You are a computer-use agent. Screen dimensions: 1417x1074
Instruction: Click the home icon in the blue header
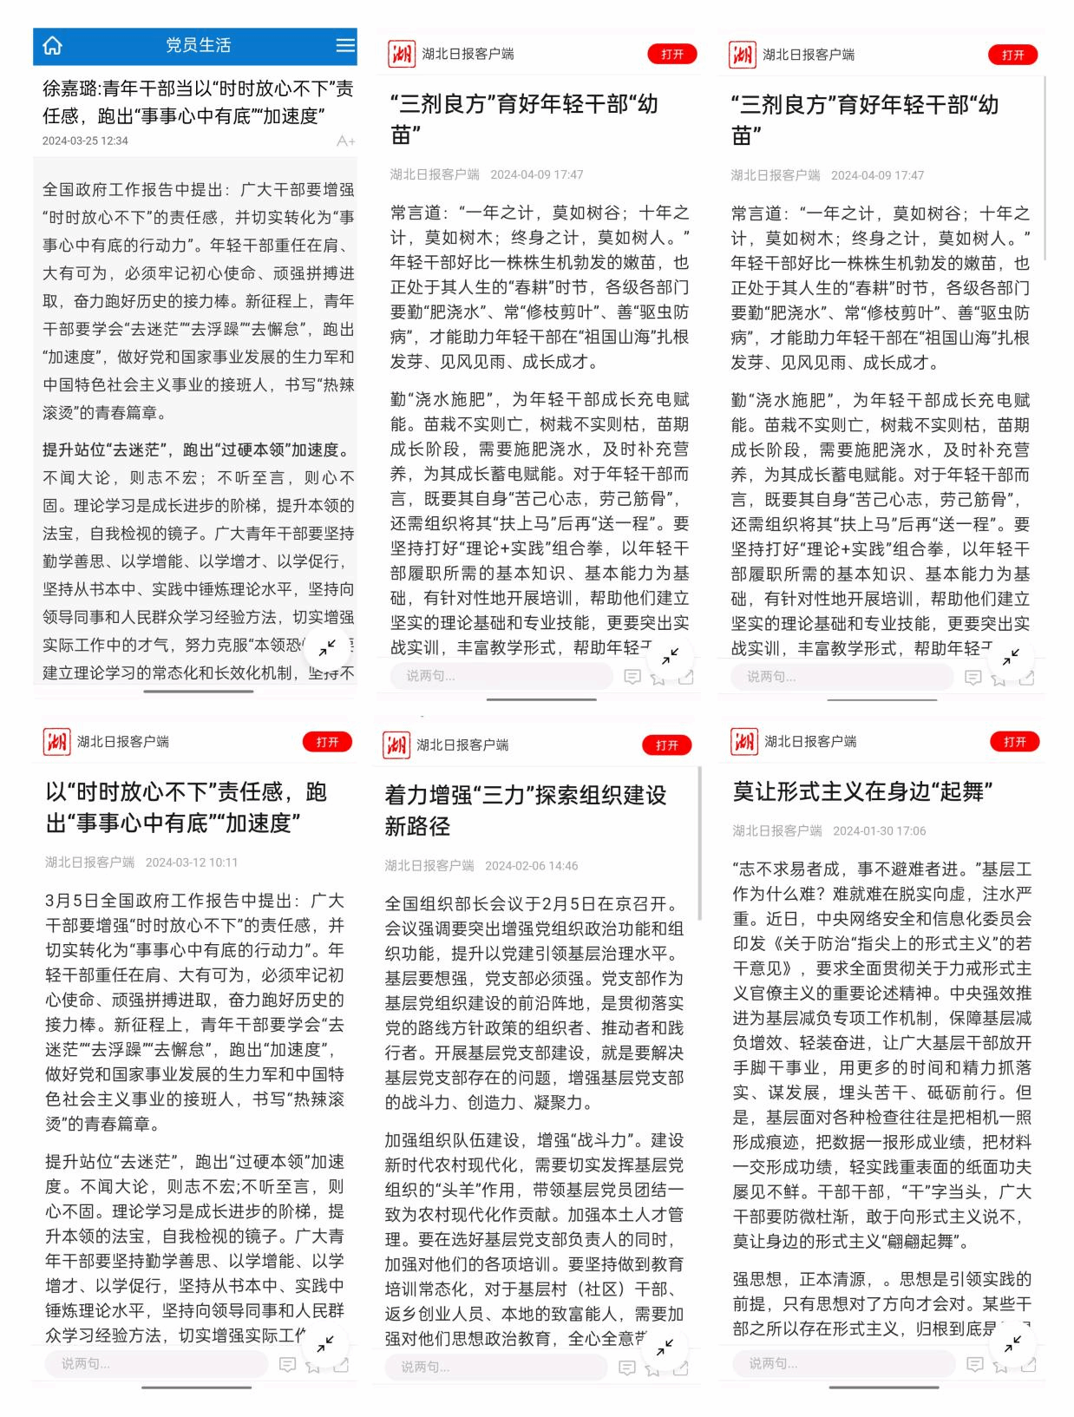coord(53,46)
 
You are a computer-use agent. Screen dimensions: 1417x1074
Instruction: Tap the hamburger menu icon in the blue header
coord(345,45)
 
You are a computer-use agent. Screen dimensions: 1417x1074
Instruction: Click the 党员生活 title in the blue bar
coord(198,45)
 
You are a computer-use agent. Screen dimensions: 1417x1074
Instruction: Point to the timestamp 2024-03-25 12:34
coord(85,141)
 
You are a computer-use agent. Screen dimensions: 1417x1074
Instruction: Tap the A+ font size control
coord(345,141)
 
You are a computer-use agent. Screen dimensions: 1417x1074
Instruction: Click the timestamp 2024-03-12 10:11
coord(192,863)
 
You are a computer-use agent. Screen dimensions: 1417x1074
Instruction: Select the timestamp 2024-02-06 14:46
coord(531,866)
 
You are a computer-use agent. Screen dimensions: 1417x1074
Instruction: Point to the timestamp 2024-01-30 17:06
coord(879,831)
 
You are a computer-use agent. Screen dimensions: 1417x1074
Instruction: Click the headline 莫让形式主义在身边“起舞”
coord(862,791)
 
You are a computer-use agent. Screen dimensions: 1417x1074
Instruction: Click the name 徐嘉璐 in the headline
coord(69,89)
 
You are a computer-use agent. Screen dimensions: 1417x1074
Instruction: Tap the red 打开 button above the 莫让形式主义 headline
coord(1014,742)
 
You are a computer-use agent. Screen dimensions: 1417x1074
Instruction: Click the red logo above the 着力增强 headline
coord(396,745)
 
